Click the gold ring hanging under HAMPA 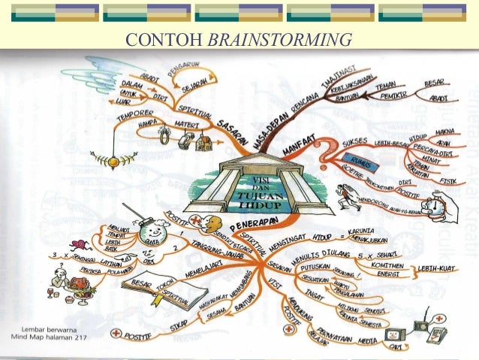[164, 137]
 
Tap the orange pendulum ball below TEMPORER [114, 159]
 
